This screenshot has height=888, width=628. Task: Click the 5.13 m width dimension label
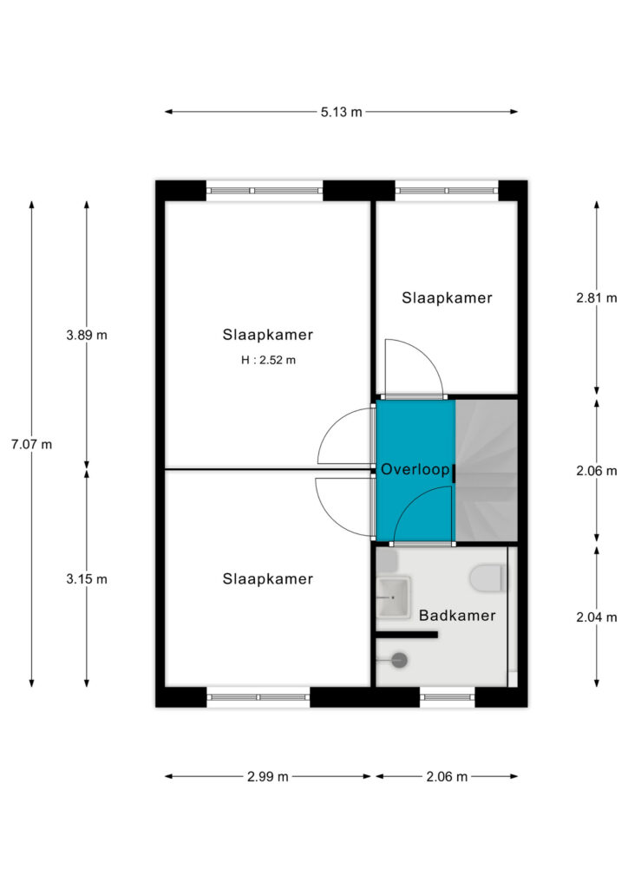point(341,112)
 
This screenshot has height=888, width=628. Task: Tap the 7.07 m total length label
point(32,445)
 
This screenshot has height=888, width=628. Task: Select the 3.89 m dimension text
point(87,335)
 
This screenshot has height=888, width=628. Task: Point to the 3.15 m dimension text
point(87,578)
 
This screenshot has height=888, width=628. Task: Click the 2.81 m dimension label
point(597,298)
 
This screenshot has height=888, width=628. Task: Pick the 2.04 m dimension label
point(597,617)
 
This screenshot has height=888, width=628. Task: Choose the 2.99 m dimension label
point(268,776)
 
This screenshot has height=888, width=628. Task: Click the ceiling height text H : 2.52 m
point(268,360)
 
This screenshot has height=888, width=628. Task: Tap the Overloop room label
point(415,469)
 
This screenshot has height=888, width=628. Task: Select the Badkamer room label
point(457,616)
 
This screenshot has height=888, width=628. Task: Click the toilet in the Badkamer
point(488,578)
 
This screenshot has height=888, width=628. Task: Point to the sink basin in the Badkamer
point(393,597)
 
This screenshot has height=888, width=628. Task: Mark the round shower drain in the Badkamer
point(400,660)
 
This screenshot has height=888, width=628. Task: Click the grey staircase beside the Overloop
point(487,470)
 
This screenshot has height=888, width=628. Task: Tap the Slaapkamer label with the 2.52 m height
point(268,335)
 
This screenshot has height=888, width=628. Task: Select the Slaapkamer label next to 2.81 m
point(448,298)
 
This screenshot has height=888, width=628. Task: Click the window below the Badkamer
point(448,697)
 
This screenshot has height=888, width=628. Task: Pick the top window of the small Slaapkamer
point(447,191)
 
